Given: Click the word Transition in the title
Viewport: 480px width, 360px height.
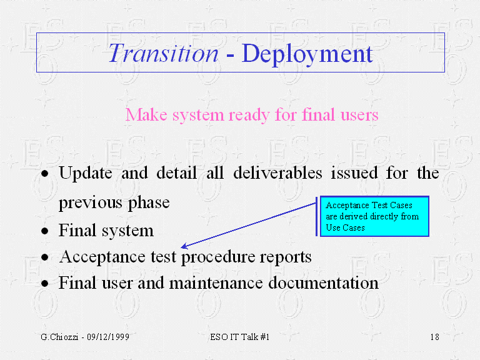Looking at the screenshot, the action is click(x=164, y=53).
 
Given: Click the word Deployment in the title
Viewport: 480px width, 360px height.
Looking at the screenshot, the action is click(x=307, y=54).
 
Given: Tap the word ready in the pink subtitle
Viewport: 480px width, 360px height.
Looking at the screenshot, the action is click(x=249, y=116).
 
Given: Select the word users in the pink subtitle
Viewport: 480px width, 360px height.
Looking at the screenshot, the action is click(x=359, y=115).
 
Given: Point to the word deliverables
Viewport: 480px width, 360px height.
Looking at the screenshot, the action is click(x=277, y=172).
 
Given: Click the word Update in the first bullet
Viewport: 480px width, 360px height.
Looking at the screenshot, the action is click(x=86, y=174).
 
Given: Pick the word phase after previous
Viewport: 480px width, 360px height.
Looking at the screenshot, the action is click(x=149, y=203).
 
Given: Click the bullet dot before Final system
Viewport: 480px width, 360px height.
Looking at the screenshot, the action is click(x=45, y=231).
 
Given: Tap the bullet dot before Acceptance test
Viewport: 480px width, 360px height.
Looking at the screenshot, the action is click(x=45, y=257).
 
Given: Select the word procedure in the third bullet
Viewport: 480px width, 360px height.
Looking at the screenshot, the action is click(x=218, y=257).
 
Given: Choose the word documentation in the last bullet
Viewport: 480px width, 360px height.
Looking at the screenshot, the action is click(x=323, y=282).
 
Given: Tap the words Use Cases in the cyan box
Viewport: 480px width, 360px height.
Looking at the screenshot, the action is click(x=345, y=227).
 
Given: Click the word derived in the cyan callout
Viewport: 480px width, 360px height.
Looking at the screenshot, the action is click(x=354, y=216).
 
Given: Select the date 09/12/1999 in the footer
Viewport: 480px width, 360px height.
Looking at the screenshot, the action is click(x=108, y=337).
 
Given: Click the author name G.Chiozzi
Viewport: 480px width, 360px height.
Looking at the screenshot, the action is click(x=59, y=337).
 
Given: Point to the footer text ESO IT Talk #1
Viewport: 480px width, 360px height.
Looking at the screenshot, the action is click(x=240, y=337).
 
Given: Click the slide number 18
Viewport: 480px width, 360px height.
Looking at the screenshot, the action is click(x=435, y=337).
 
